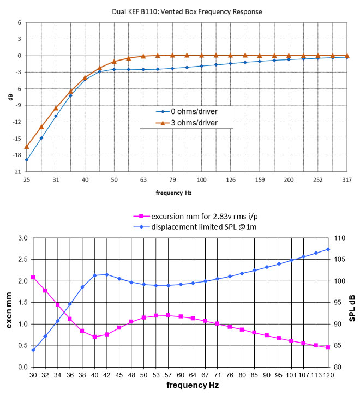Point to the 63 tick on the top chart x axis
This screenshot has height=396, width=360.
(x=143, y=179)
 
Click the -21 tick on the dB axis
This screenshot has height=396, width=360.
(x=18, y=171)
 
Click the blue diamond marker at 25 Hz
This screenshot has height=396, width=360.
(x=27, y=160)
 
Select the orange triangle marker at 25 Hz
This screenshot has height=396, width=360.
(x=27, y=146)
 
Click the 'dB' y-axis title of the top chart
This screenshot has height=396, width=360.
(x=10, y=97)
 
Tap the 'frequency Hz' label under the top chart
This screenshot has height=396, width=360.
(x=173, y=193)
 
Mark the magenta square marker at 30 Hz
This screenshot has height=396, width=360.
(x=33, y=278)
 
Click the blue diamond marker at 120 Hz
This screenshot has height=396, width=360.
(x=328, y=249)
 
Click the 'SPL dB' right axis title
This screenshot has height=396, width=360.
(x=352, y=303)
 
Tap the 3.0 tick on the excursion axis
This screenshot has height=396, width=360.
(x=22, y=238)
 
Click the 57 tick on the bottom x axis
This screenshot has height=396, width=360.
(x=168, y=375)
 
